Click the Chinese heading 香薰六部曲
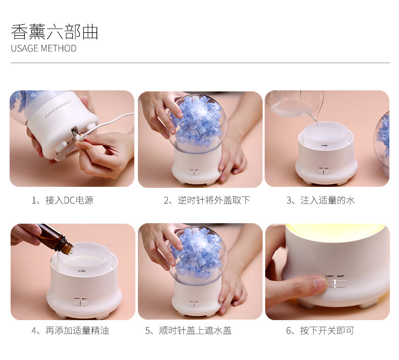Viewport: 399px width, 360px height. click(55, 31)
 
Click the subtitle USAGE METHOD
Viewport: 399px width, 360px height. click(43, 48)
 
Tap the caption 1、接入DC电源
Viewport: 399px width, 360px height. click(62, 200)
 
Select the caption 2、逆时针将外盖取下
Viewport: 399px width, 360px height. click(207, 200)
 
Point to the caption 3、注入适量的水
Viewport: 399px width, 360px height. click(320, 200)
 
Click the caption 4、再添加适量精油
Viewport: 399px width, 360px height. click(70, 331)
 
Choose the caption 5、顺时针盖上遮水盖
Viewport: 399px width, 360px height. click(188, 331)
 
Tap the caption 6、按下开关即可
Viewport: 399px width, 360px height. click(320, 331)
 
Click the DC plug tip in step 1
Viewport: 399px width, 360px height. click(78, 138)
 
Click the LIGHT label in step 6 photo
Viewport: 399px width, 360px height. click(329, 276)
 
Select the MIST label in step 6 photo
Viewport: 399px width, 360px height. click(340, 276)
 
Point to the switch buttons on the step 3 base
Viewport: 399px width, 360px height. click(323, 172)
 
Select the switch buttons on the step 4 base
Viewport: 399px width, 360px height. click(80, 303)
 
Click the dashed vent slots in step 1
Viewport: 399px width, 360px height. click(58, 110)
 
